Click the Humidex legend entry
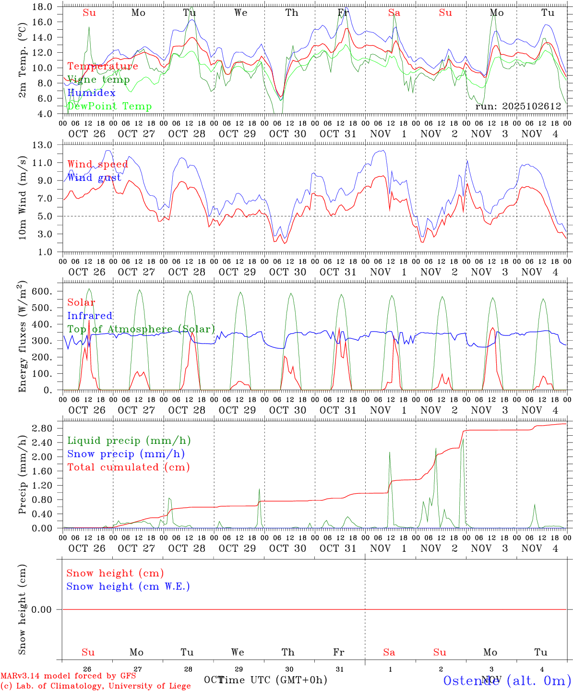[x=91, y=93]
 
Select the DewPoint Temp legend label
[x=109, y=106]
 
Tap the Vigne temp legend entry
[x=98, y=79]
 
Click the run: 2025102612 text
[x=518, y=106]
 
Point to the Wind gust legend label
[x=94, y=178]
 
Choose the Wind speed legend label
[x=97, y=164]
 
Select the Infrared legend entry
[x=90, y=316]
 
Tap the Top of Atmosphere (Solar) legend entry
[x=141, y=329]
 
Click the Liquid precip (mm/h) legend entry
[x=129, y=441]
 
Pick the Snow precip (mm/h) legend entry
[x=126, y=454]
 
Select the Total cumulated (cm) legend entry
[x=128, y=467]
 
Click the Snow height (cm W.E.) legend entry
[x=128, y=586]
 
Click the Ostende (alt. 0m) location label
[x=507, y=680]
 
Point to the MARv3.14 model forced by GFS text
[x=68, y=676]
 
